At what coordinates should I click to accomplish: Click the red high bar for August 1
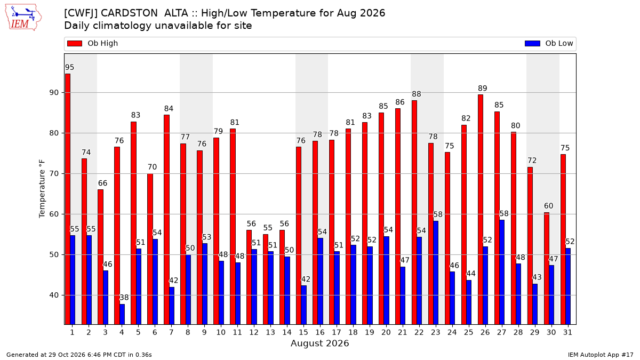(67, 199)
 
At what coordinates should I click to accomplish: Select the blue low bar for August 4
(122, 314)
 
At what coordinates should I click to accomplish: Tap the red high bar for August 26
(481, 210)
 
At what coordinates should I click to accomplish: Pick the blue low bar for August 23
(436, 273)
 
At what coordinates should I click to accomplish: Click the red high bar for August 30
(547, 269)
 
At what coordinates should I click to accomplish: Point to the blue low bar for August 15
(303, 305)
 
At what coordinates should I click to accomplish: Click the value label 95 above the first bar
(69, 67)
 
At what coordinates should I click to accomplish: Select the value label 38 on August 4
(124, 298)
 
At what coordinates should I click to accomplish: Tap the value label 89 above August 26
(483, 89)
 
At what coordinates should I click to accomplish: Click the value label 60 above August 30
(549, 206)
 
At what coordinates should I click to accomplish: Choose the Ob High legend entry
(93, 43)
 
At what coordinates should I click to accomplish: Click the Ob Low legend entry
(549, 43)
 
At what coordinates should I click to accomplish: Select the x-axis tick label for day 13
(270, 332)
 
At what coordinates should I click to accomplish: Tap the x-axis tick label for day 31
(567, 332)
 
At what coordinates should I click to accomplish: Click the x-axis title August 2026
(319, 343)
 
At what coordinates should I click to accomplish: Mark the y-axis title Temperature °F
(42, 189)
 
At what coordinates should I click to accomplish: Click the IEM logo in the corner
(23, 18)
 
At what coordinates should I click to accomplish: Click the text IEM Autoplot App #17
(601, 355)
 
